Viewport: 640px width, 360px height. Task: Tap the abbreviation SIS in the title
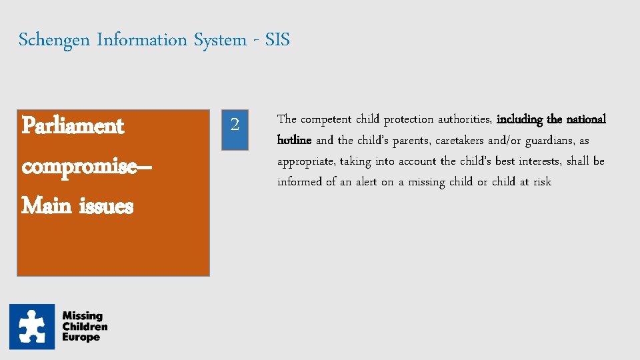[x=277, y=40]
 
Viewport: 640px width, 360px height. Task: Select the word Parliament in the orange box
[x=73, y=125]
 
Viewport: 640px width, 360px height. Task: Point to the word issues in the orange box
[x=106, y=206]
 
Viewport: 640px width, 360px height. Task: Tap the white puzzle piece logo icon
[x=32, y=327]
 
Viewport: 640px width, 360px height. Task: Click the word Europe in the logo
[x=81, y=337]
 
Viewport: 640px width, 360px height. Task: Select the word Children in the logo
[x=85, y=327]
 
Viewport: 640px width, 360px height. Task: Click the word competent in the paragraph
[x=326, y=120]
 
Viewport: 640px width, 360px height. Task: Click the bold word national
[x=586, y=120]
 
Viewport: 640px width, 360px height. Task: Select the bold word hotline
[x=294, y=141]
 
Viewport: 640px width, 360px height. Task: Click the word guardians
[x=551, y=141]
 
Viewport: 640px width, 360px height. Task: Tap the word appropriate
[x=305, y=161]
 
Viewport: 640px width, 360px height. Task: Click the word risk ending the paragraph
[x=542, y=182]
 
